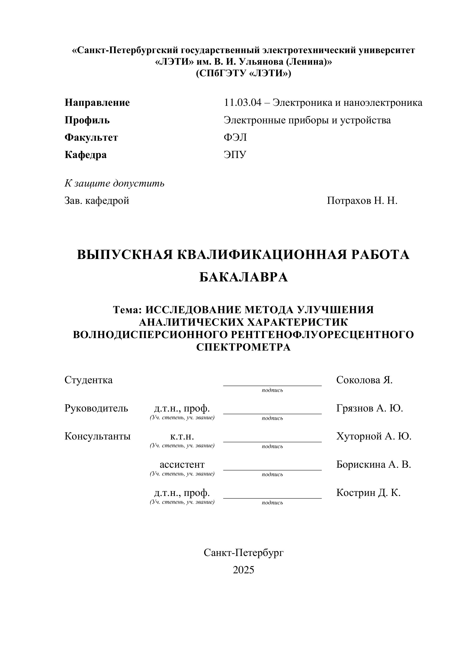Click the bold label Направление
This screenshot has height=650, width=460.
click(97, 102)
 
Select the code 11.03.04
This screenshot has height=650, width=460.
click(242, 102)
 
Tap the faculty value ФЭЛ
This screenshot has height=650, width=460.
click(235, 137)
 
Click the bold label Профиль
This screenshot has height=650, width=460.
click(87, 120)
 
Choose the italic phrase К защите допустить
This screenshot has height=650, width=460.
click(114, 183)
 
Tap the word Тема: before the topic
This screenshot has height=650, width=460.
click(127, 310)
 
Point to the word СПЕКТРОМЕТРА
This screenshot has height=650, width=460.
click(243, 347)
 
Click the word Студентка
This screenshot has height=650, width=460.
click(88, 380)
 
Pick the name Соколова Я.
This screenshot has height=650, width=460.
click(364, 380)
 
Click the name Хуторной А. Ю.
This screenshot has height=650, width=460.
click(374, 436)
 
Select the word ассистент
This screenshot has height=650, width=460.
click(182, 465)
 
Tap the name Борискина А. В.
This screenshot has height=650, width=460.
click(373, 465)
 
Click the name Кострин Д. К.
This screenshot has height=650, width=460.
click(368, 493)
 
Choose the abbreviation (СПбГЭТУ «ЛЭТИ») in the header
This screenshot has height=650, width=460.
click(243, 73)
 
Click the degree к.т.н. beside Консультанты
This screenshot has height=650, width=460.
click(182, 436)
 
